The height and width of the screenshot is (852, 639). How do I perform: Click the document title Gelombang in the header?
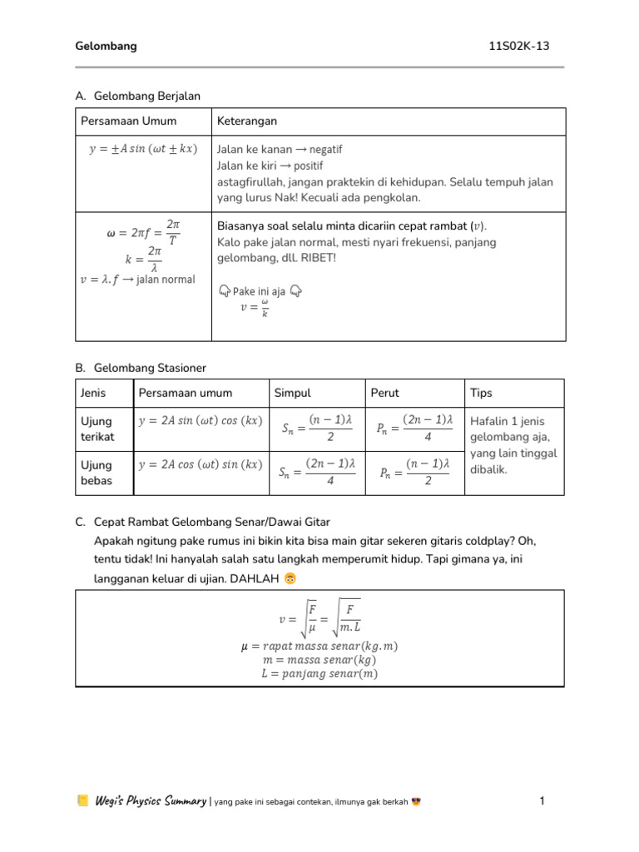click(x=106, y=47)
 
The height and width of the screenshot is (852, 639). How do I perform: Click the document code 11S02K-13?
click(x=519, y=47)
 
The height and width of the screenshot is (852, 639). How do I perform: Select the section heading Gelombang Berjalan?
click(x=147, y=97)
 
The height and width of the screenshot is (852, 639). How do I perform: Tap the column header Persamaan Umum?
click(x=128, y=121)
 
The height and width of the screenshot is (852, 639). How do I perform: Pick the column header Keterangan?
click(x=247, y=121)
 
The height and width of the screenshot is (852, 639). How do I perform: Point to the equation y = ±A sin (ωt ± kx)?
click(x=142, y=149)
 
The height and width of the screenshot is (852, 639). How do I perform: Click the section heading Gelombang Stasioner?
click(x=150, y=367)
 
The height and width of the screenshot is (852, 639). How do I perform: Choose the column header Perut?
click(x=385, y=393)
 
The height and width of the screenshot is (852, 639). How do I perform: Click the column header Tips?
click(x=483, y=393)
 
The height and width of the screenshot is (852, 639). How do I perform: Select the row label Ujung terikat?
click(x=97, y=428)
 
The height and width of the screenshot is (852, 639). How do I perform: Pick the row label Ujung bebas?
click(x=97, y=473)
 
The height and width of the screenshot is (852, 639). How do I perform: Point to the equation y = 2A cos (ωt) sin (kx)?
click(x=200, y=465)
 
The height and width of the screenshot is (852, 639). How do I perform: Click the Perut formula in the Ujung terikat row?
click(x=414, y=428)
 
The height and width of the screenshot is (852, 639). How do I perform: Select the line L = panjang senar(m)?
click(x=319, y=674)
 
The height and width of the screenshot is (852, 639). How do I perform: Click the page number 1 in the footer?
click(x=542, y=801)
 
